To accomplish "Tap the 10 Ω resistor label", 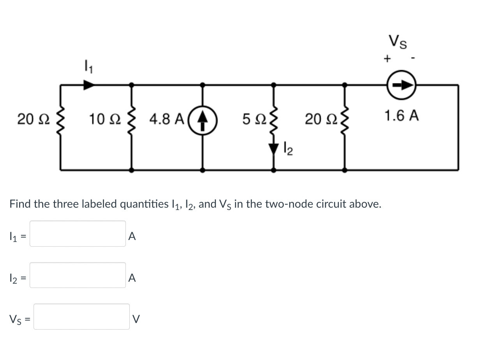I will coord(102,118).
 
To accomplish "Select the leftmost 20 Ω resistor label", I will coord(30,118).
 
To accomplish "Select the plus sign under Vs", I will coord(387,59).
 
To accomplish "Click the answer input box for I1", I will coord(78,234).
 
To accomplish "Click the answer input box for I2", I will coord(78,275).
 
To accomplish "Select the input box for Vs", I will coord(81,316).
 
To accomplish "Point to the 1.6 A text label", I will coord(401,116).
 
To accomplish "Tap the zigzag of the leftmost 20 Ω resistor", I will coord(60,118).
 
